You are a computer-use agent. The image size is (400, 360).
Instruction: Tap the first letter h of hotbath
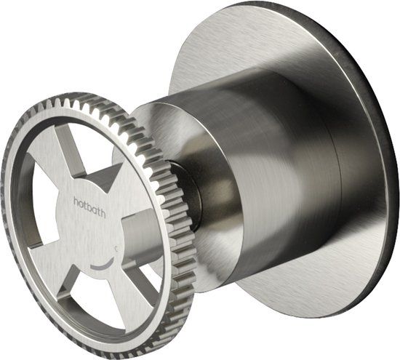pos(76,201)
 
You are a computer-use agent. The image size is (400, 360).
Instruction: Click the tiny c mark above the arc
pos(116,249)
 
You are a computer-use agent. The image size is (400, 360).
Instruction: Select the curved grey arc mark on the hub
pos(103,265)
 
